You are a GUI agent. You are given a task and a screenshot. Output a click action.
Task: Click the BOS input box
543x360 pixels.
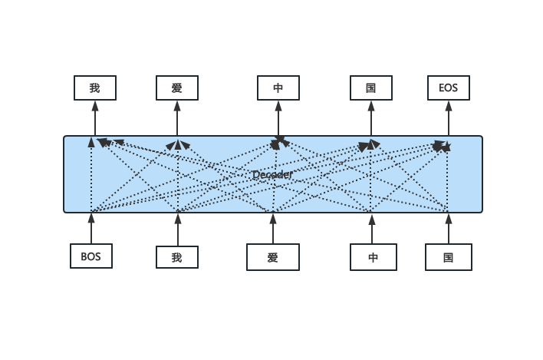tap(91, 256)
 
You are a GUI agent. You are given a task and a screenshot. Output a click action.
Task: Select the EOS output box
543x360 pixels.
tap(449, 88)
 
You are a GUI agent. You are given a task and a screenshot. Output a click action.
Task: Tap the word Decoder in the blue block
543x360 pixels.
tap(272, 175)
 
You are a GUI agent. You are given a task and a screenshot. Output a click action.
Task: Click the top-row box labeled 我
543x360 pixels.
tap(95, 88)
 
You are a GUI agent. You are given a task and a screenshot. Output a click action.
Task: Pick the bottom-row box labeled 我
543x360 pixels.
tap(177, 257)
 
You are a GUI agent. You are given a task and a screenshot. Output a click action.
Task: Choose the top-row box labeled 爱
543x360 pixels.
tap(177, 88)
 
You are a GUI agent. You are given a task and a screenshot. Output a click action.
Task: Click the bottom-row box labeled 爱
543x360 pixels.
tap(273, 257)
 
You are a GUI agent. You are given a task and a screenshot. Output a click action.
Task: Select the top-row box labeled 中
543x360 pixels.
tap(278, 88)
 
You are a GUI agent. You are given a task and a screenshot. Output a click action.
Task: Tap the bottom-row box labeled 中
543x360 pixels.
tap(374, 257)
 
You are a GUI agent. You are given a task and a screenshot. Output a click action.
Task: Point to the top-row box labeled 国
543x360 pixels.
tap(371, 88)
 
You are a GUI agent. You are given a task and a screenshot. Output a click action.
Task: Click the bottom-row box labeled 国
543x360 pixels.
tap(449, 257)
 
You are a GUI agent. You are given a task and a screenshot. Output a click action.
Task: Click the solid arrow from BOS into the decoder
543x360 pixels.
tap(91, 228)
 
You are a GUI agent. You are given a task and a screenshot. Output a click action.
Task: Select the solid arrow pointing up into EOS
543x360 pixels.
tap(449, 118)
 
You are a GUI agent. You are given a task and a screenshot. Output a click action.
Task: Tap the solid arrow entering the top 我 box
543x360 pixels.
tap(95, 118)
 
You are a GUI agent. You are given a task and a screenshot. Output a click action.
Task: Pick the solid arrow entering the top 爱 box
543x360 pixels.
tap(177, 118)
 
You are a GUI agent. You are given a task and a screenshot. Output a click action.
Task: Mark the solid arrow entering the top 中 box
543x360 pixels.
tap(278, 118)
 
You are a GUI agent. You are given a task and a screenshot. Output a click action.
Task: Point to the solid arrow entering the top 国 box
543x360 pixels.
tap(371, 118)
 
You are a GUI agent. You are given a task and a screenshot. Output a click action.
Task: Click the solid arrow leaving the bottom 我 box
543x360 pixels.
tap(178, 230)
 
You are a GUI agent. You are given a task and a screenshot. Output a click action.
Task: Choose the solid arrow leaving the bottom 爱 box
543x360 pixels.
tap(273, 229)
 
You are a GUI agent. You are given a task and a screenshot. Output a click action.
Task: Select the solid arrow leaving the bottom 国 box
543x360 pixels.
tap(449, 229)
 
